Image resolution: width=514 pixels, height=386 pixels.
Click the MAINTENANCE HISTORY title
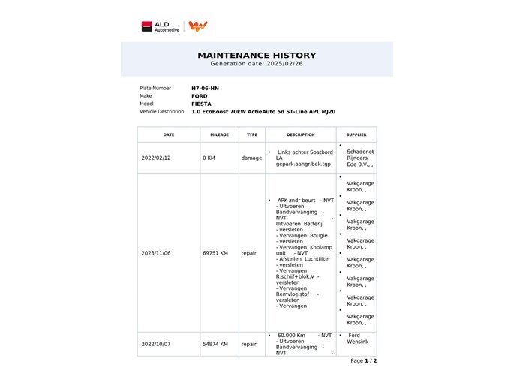[257, 55]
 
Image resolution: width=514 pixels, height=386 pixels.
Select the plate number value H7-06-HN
[205, 88]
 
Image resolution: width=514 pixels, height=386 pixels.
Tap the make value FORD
[200, 96]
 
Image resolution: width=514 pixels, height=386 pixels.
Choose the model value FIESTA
[201, 104]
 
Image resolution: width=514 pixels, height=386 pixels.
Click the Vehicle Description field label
[161, 112]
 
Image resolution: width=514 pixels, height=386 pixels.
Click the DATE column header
[168, 134]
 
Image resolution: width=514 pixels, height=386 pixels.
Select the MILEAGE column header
[219, 134]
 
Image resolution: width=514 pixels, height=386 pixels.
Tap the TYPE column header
[252, 134]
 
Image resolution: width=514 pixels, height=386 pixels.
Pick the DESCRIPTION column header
[300, 134]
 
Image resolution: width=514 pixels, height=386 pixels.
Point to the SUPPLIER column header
[356, 134]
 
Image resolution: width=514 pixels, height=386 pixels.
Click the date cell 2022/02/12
[156, 158]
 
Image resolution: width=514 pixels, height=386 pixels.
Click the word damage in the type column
[251, 158]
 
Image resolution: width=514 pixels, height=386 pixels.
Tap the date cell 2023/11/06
[156, 253]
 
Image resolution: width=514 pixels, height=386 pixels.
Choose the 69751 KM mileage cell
[215, 253]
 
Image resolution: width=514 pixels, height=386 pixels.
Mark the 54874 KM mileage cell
[215, 344]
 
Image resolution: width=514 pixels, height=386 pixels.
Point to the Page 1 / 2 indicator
[363, 361]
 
